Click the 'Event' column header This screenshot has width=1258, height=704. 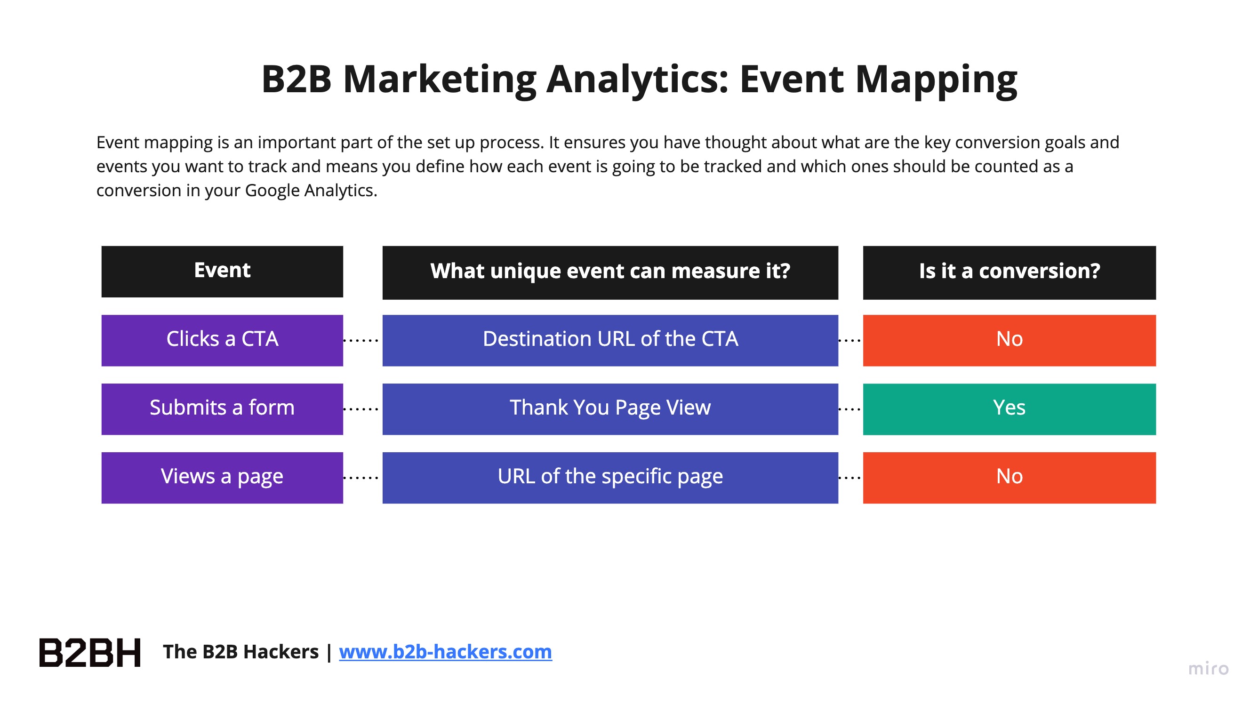point(222,272)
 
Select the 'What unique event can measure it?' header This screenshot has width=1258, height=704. point(610,272)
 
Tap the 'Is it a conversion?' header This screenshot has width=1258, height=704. point(1009,272)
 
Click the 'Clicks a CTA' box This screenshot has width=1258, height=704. point(222,340)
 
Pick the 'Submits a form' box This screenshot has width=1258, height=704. point(222,409)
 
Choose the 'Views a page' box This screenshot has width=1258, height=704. point(222,478)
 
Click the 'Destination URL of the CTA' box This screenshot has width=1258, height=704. point(610,340)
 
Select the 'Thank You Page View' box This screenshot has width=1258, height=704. point(610,409)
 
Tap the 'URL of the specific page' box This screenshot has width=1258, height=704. point(610,478)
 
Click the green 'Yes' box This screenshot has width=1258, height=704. point(1009,409)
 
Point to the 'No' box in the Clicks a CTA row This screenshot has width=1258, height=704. point(1009,340)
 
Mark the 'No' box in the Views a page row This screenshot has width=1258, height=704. point(1009,478)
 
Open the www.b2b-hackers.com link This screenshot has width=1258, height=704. point(445,652)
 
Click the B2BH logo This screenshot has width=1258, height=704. point(90,652)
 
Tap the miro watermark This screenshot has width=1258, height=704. point(1208,668)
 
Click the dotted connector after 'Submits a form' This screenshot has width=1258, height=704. point(361,409)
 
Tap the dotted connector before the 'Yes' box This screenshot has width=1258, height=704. point(850,409)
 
